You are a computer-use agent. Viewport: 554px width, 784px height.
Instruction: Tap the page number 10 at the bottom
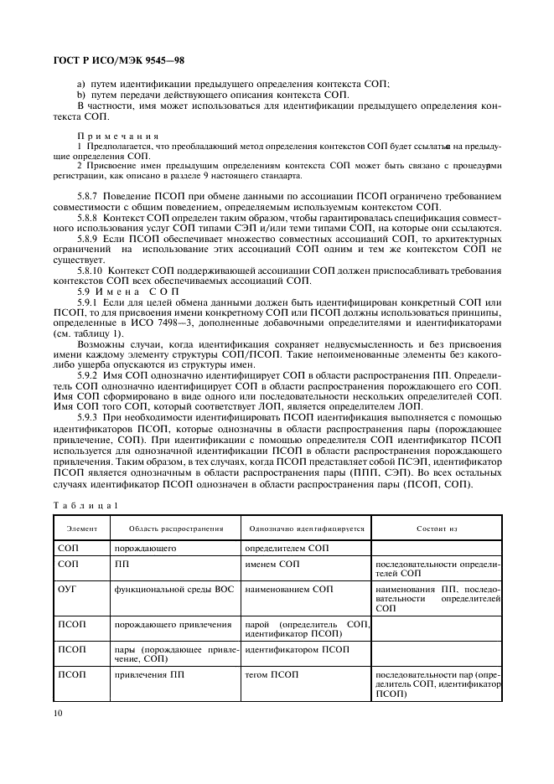pos(57,714)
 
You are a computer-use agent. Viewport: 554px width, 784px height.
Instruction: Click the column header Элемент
pos(82,529)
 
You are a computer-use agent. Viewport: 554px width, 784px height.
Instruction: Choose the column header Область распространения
pos(176,529)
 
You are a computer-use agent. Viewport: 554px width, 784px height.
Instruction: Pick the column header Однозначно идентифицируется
pos(307,529)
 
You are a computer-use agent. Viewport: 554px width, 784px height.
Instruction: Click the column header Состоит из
pos(437,529)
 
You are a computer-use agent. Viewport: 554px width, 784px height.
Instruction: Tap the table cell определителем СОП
pos(287,547)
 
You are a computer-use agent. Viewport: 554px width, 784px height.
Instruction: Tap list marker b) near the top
pos(81,95)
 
